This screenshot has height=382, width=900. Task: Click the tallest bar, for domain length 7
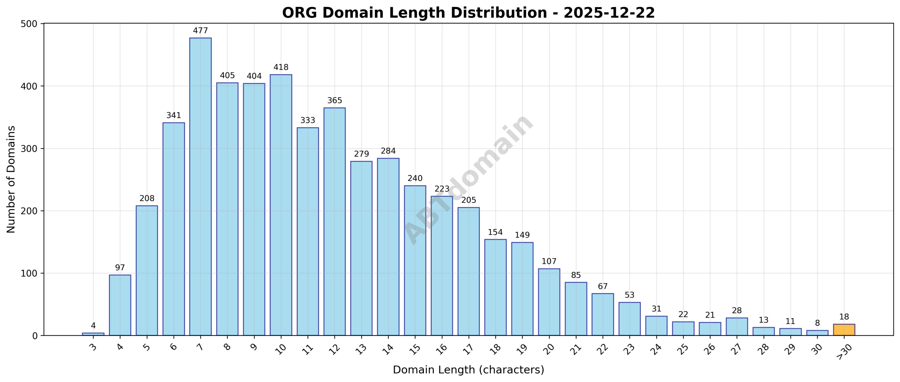pos(200,186)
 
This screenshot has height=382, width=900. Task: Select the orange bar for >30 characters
pos(844,330)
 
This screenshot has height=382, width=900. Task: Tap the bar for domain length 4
pos(120,305)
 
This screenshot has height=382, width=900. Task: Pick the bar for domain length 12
pos(334,221)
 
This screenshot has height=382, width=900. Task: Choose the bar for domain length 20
pos(549,302)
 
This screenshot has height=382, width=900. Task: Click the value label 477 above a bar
pos(200,31)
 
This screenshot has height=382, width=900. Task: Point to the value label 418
pos(281,67)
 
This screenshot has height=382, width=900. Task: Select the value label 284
pos(388,151)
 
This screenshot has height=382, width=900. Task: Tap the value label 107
pos(549,261)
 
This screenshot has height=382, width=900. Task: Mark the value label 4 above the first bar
pos(93,325)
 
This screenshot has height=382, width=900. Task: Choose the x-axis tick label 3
pos(93,347)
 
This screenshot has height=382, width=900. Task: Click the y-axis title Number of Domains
pos(11,179)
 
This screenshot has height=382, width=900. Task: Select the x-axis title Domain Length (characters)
pos(468,370)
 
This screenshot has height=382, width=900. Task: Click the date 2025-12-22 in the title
pos(609,13)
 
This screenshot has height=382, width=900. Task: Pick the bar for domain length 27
pos(737,326)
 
